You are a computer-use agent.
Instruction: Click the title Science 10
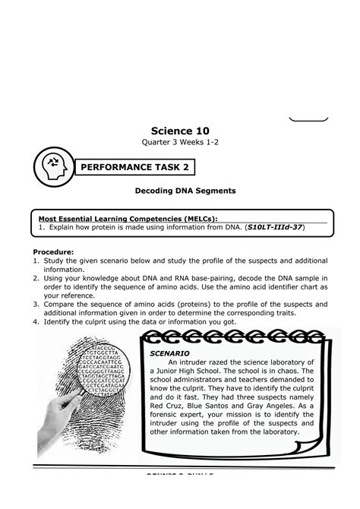click(180, 131)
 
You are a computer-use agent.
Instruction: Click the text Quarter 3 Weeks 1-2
click(180, 146)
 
